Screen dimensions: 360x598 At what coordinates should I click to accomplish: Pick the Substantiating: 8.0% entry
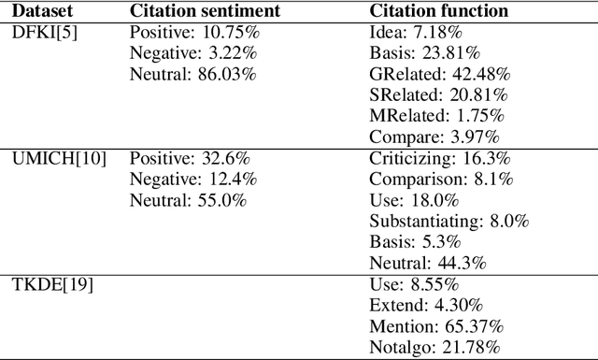[x=447, y=222]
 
